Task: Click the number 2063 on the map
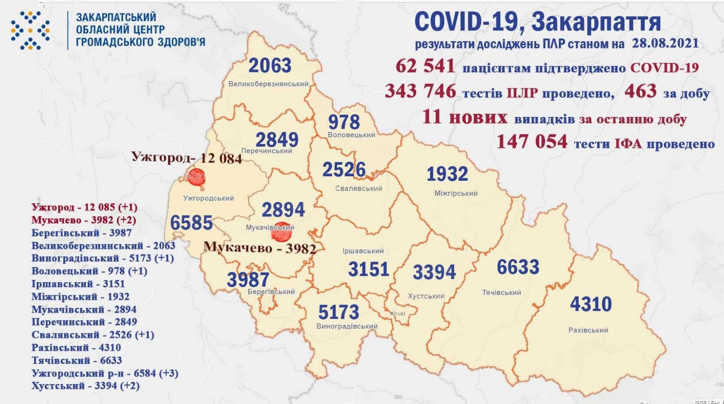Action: click(x=270, y=66)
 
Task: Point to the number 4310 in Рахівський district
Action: click(x=591, y=304)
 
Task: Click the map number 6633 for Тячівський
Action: click(x=518, y=267)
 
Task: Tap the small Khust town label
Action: click(x=398, y=313)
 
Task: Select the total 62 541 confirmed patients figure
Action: click(x=425, y=66)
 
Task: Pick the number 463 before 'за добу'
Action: click(x=640, y=91)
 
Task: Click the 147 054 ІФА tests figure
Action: click(x=532, y=142)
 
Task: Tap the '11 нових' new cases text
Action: click(x=464, y=118)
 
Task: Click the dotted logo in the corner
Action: click(x=31, y=29)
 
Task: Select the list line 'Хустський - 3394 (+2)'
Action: click(x=86, y=386)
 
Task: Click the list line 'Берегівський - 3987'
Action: click(x=81, y=233)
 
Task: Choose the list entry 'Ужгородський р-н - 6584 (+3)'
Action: click(x=105, y=373)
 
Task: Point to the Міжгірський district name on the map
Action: click(x=456, y=193)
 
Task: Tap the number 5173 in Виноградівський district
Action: click(x=338, y=312)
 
